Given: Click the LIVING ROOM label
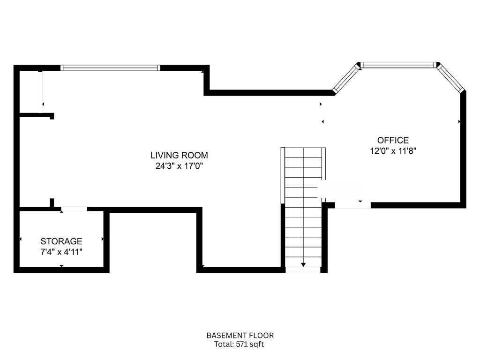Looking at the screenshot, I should click(x=179, y=155).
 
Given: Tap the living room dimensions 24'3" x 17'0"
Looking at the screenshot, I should click(x=179, y=165).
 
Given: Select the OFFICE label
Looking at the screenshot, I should click(x=393, y=140).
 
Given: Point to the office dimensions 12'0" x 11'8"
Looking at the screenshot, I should click(x=393, y=150).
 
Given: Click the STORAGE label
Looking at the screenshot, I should click(x=61, y=241).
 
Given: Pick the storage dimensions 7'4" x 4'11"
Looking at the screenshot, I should click(x=61, y=252).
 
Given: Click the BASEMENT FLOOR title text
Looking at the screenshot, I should click(x=240, y=336).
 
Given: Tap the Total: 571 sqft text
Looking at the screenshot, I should click(x=240, y=345).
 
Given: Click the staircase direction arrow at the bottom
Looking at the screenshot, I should click(x=303, y=265).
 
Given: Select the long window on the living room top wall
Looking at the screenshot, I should click(x=111, y=68).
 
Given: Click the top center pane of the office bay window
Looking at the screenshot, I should click(x=399, y=65).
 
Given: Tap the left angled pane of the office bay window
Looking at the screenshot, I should click(x=345, y=79).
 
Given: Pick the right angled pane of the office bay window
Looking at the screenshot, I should click(x=451, y=78).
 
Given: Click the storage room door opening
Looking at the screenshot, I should click(x=74, y=209).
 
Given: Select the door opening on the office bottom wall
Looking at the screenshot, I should click(x=352, y=205).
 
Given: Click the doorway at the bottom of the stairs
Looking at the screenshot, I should click(x=303, y=270).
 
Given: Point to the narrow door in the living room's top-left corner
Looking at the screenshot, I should click(x=40, y=92).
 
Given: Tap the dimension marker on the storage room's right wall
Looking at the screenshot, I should click(x=103, y=239).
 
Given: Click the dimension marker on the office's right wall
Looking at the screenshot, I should click(x=459, y=121).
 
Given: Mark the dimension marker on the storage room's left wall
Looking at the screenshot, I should click(x=20, y=239).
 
